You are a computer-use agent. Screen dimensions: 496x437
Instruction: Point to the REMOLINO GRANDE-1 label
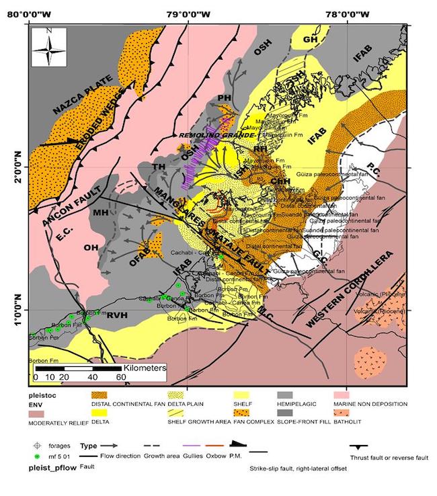pos(208,134)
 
